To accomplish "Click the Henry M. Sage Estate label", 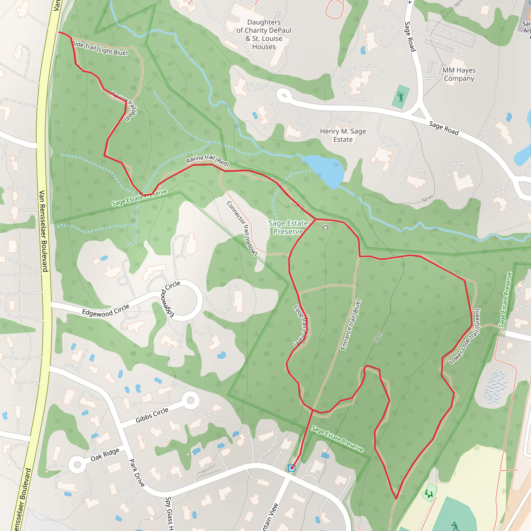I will (x=343, y=135).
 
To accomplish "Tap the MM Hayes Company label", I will (x=459, y=74).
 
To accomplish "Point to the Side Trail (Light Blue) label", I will (x=100, y=48).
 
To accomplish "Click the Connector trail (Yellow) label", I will (x=242, y=228).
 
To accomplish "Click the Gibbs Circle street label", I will (x=152, y=415).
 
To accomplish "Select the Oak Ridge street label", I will (x=105, y=454).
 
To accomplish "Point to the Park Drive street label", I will (x=137, y=473).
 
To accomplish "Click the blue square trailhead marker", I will (x=292, y=468).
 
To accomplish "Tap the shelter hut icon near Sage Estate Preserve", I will (x=325, y=227).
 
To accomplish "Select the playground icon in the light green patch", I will (x=429, y=493).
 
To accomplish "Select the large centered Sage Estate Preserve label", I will (x=288, y=227).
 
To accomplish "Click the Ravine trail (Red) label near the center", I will (x=207, y=160).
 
